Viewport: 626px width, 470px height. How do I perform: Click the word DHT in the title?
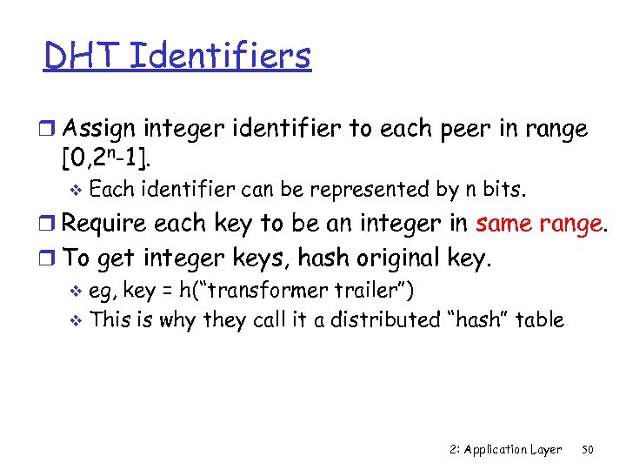coord(82,56)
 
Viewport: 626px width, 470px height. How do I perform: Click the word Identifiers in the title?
coord(220,56)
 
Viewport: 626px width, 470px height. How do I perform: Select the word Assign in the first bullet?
coord(98,130)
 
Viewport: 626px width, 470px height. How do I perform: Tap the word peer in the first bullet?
coord(463,130)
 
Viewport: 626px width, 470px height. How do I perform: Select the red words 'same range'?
coord(539,225)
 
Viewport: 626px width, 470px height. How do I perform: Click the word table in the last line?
coord(539,319)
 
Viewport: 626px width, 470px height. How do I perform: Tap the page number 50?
coord(587,449)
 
